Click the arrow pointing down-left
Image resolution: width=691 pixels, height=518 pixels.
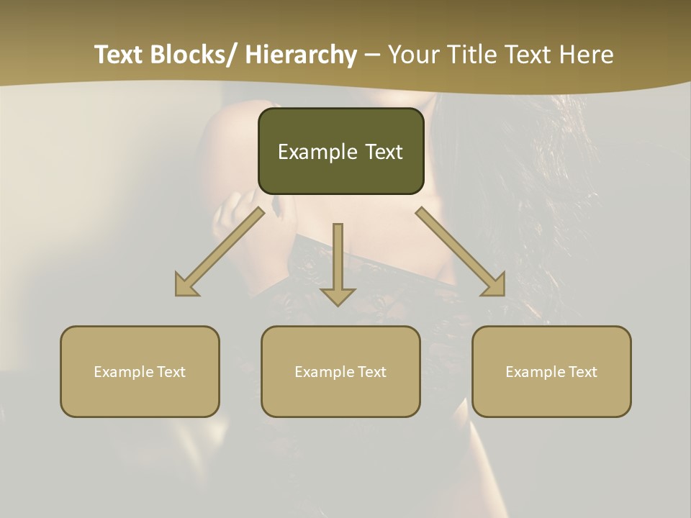(223, 249)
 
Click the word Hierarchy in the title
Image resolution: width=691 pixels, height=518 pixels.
(301, 55)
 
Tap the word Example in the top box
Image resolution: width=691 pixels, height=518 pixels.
(317, 152)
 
